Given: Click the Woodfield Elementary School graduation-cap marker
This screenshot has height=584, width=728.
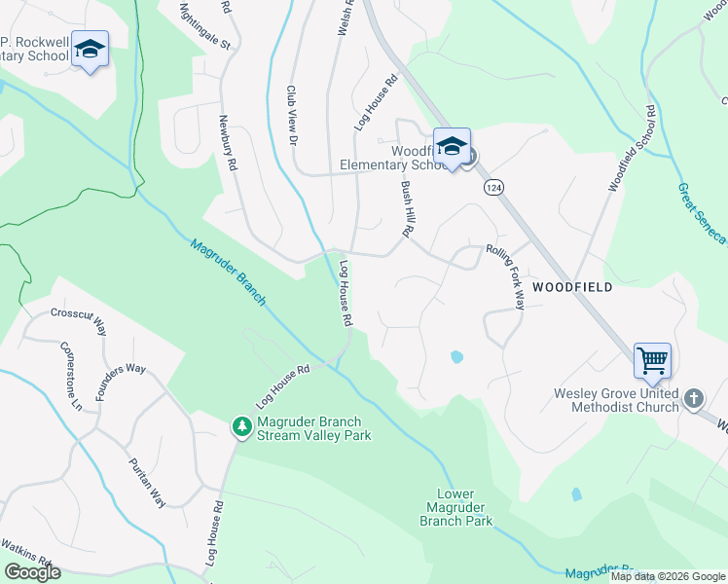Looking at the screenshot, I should click(452, 147).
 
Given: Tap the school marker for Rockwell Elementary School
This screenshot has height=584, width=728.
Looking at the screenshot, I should click(90, 50).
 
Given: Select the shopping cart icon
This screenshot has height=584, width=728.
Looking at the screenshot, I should click(652, 361).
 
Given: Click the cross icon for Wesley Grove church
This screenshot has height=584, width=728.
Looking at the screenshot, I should click(693, 398).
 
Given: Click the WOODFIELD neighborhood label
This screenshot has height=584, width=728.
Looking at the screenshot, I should click(572, 287).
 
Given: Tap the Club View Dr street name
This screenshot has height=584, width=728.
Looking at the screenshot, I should click(291, 115).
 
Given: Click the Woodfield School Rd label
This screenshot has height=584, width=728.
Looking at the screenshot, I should click(629, 151).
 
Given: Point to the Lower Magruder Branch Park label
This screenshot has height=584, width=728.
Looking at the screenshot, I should click(455, 507).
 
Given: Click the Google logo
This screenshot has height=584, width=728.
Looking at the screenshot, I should click(33, 572).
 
